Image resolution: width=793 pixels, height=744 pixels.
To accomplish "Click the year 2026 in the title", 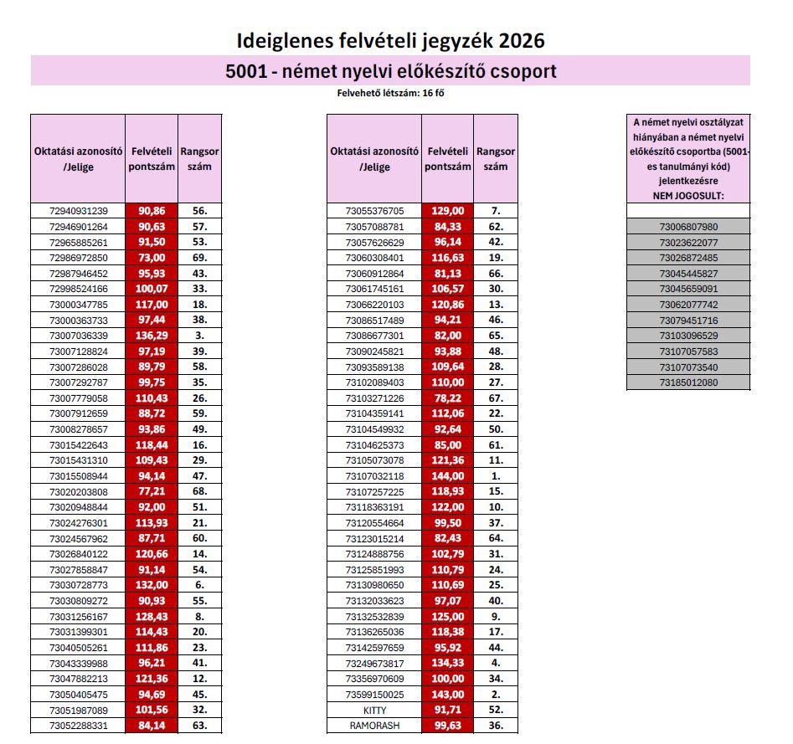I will [520, 40].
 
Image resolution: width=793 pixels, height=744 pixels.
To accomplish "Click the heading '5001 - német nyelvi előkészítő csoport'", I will [390, 71].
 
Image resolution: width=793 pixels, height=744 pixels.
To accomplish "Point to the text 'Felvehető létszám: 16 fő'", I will [390, 93].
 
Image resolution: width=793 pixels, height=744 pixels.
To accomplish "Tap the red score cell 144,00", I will [447, 475].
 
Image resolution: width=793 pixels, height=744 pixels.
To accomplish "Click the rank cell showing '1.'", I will [496, 475].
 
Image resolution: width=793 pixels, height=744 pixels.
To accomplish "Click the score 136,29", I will [152, 336].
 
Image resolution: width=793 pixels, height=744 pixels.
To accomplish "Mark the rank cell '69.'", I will [199, 258].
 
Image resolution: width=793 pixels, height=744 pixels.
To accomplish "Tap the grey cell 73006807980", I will [688, 227].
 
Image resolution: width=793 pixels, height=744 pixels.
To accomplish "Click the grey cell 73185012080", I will [688, 382].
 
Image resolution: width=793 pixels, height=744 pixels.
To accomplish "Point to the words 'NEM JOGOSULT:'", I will [688, 195].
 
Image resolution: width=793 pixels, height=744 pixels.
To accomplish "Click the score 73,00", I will [152, 258].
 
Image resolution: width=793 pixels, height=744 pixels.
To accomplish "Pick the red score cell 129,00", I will [447, 211].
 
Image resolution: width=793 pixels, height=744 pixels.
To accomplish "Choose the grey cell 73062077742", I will [688, 305].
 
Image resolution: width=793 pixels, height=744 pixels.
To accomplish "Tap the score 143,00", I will [447, 694].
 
